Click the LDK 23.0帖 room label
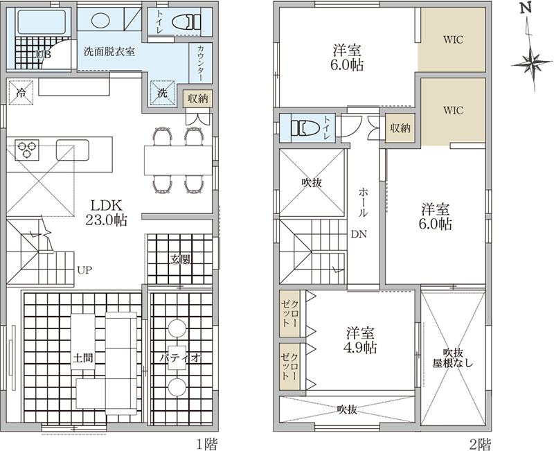(107, 213)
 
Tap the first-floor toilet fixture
(186, 22)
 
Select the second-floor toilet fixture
(305, 127)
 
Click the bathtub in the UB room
(42, 22)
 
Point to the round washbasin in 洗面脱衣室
(98, 20)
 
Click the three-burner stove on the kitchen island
(27, 150)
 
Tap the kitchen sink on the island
(73, 150)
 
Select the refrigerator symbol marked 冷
(21, 93)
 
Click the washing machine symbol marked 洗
(163, 93)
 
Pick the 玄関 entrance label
(180, 259)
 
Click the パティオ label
(180, 358)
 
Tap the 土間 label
(83, 358)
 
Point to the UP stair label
(84, 270)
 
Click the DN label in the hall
(359, 234)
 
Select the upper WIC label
(453, 39)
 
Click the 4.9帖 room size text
(360, 348)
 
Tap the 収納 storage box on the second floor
(400, 128)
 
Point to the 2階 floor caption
(480, 444)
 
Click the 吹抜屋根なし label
(453, 357)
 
